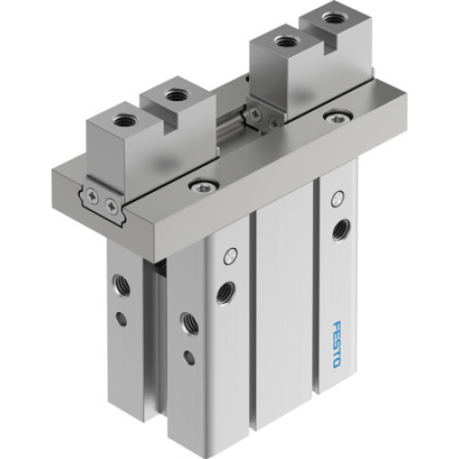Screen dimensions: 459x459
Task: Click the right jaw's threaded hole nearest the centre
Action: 283,41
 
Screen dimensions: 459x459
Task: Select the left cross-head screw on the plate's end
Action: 93,192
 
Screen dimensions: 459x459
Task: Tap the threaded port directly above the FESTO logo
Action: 341,229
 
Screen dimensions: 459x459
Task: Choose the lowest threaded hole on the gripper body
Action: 188,323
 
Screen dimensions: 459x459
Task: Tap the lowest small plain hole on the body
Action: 189,358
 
